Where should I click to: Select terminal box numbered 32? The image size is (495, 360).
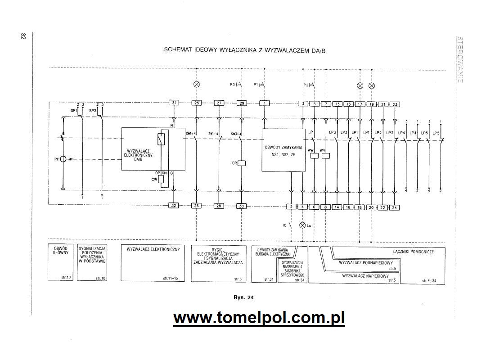[174, 206]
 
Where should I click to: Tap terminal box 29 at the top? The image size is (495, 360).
[242, 103]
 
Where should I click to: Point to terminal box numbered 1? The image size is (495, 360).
[265, 103]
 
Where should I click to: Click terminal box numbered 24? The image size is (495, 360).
[394, 207]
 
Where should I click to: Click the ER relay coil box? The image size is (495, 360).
[241, 163]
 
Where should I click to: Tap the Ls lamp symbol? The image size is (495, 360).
[302, 225]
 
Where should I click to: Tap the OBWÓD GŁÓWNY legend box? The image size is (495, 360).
[60, 262]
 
